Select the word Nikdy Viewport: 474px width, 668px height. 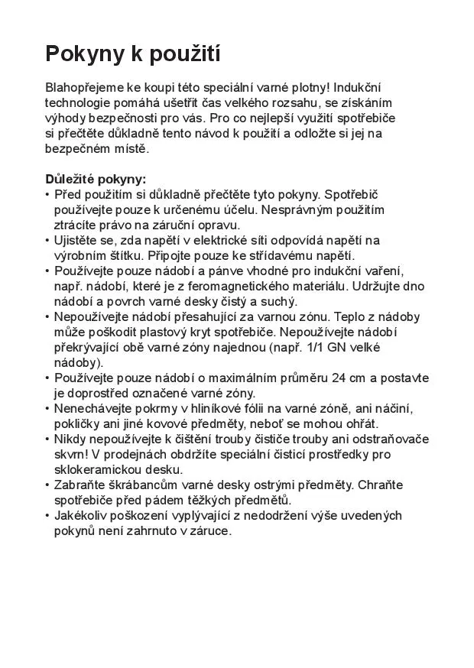[71, 439]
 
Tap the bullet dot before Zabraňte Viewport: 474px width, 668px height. [47, 485]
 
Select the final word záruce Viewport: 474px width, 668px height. [210, 530]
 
